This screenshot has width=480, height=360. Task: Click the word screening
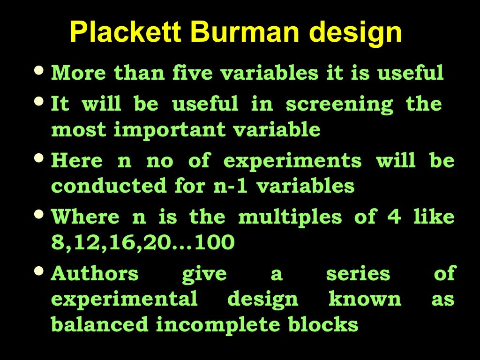(x=339, y=104)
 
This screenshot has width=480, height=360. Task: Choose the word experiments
(x=292, y=161)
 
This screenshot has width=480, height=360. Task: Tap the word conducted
(x=109, y=186)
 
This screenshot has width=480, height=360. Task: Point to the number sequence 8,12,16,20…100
(x=142, y=243)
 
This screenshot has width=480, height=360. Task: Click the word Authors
(x=95, y=274)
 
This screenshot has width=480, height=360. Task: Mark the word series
(x=358, y=274)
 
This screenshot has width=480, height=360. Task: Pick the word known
(x=365, y=299)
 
